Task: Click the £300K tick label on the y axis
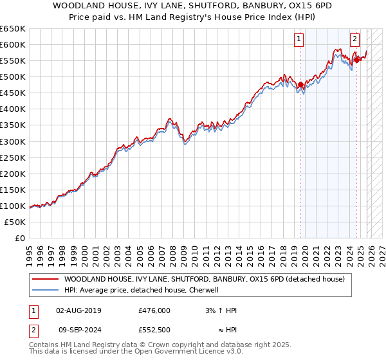13,141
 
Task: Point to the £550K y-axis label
13,60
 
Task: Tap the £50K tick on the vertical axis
15,222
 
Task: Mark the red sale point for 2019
300,84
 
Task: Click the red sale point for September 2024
356,60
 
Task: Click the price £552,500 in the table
154,330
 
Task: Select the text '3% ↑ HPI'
221,310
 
